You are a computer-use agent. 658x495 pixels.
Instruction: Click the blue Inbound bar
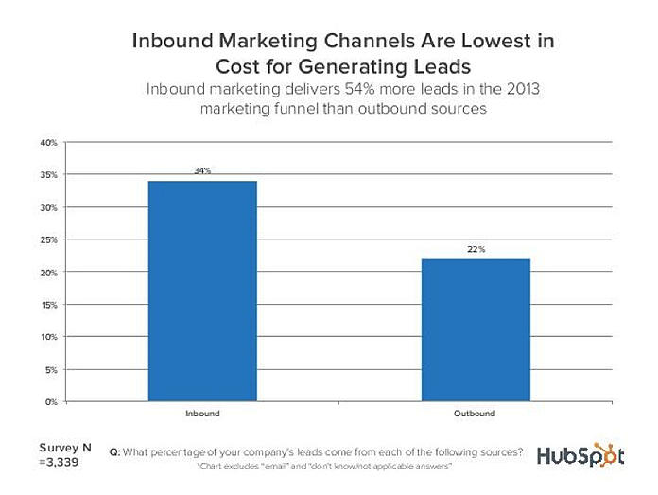(202, 291)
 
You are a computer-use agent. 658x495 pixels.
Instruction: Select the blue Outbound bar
(475, 329)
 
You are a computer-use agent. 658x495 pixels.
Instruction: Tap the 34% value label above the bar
(202, 170)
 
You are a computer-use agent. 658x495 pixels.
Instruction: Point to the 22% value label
(475, 250)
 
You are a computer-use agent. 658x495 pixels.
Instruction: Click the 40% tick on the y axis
(48, 143)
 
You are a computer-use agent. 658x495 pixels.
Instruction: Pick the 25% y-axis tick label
(48, 239)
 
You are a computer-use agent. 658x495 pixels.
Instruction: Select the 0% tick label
(51, 401)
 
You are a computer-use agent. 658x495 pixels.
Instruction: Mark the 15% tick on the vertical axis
(48, 305)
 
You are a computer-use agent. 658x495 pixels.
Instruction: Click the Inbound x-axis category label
(202, 415)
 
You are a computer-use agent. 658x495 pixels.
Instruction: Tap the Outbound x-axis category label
(475, 415)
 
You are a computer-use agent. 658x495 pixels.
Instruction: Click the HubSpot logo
(580, 456)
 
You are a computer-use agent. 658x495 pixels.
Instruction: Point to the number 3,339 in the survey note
(61, 463)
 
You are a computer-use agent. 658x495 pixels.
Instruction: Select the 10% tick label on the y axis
(48, 337)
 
